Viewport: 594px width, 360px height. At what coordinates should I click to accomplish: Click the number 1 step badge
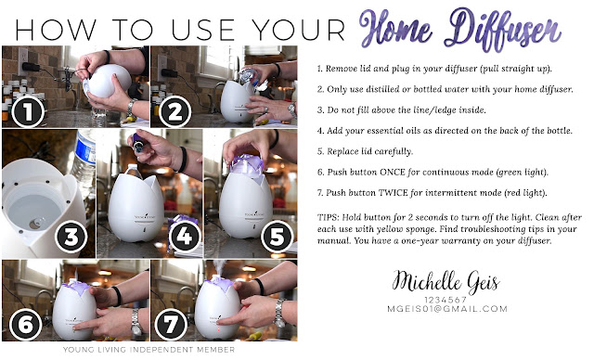(28, 111)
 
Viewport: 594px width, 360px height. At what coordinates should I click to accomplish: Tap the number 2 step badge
(174, 111)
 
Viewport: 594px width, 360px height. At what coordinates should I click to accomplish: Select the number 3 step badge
(71, 237)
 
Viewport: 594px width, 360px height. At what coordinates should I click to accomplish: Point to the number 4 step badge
(185, 237)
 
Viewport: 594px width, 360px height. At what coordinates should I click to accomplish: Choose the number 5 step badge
(278, 237)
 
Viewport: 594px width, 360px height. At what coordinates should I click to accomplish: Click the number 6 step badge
(26, 325)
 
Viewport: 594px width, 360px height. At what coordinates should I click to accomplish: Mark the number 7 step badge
(171, 325)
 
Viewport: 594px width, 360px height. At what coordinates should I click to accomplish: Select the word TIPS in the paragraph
(328, 217)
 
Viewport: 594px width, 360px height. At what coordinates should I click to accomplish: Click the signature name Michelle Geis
(445, 282)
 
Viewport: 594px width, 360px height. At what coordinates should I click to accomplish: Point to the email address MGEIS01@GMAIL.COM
(447, 309)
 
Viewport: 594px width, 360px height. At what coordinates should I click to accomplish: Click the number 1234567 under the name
(445, 300)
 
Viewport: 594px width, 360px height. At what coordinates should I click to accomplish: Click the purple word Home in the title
(396, 27)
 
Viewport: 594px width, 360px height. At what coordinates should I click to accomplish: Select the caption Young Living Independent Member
(148, 350)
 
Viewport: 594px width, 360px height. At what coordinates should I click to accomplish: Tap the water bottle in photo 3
(84, 159)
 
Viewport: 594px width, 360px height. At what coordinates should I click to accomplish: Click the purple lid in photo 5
(247, 165)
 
